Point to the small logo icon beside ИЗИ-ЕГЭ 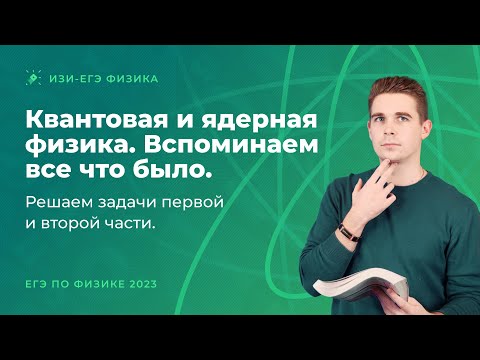tap(33, 77)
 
